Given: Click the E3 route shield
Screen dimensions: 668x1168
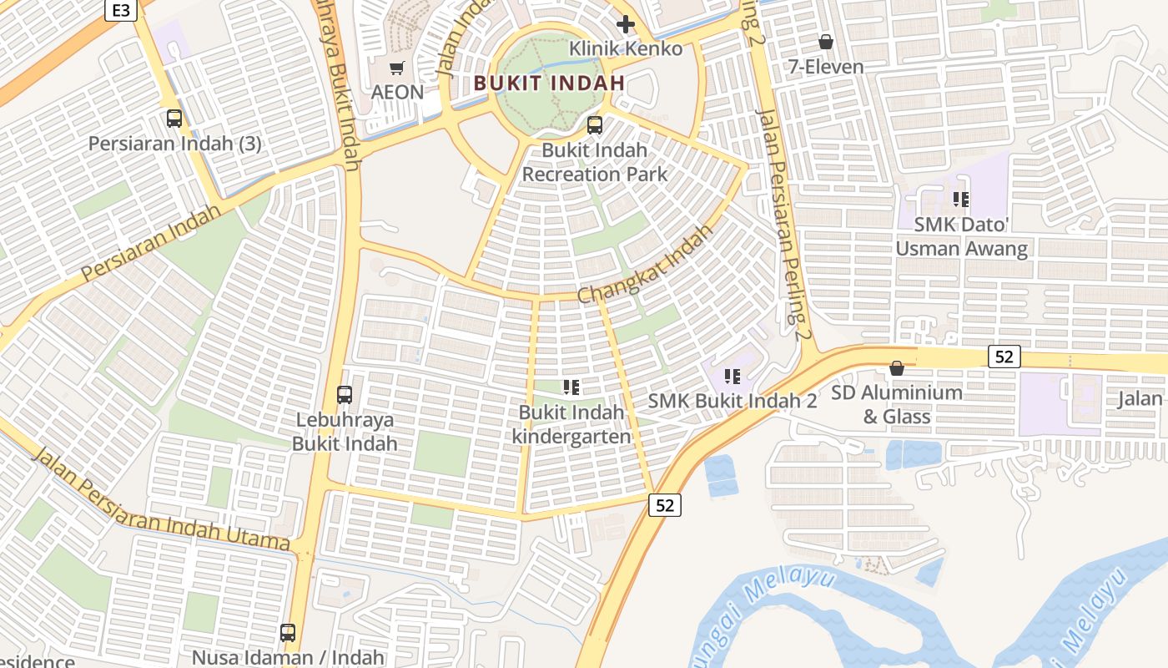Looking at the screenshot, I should click(x=121, y=10).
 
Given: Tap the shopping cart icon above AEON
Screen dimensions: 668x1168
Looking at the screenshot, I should click(x=397, y=68).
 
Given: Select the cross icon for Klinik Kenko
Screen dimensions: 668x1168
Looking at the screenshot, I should click(x=625, y=24).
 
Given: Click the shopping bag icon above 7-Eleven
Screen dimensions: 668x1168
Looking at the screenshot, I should click(x=826, y=42).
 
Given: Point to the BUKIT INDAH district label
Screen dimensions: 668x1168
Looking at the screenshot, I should click(x=549, y=83).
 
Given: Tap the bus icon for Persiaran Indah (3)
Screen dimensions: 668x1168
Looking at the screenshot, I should click(x=174, y=119).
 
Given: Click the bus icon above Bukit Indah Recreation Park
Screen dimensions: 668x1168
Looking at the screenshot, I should click(x=595, y=126).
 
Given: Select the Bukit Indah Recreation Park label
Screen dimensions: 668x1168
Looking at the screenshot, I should click(x=595, y=162).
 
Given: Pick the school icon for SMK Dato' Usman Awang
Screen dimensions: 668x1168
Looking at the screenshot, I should click(x=961, y=200).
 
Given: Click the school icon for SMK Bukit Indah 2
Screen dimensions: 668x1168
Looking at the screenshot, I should click(x=733, y=377).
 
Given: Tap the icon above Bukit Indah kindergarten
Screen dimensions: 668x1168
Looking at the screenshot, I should click(x=571, y=387).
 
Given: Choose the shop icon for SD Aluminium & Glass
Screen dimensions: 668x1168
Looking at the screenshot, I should click(x=897, y=368).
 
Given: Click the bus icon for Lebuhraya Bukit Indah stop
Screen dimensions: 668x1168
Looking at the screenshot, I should click(x=345, y=395).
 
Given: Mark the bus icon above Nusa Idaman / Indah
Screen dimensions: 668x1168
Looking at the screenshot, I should click(x=288, y=633).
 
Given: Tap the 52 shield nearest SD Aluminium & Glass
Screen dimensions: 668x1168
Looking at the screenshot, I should click(x=1004, y=357).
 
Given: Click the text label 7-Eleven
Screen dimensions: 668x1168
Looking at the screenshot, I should click(x=826, y=67).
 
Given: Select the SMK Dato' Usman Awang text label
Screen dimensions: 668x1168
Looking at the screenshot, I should click(x=961, y=236).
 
